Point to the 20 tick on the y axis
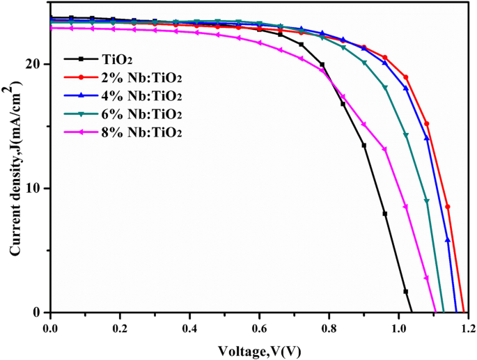click(37, 64)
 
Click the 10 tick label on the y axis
click(37, 189)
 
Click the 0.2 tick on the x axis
click(120, 327)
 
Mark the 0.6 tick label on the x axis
click(259, 327)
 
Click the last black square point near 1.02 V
click(405, 291)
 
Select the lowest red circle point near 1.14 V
click(448, 207)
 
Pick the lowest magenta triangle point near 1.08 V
click(426, 278)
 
